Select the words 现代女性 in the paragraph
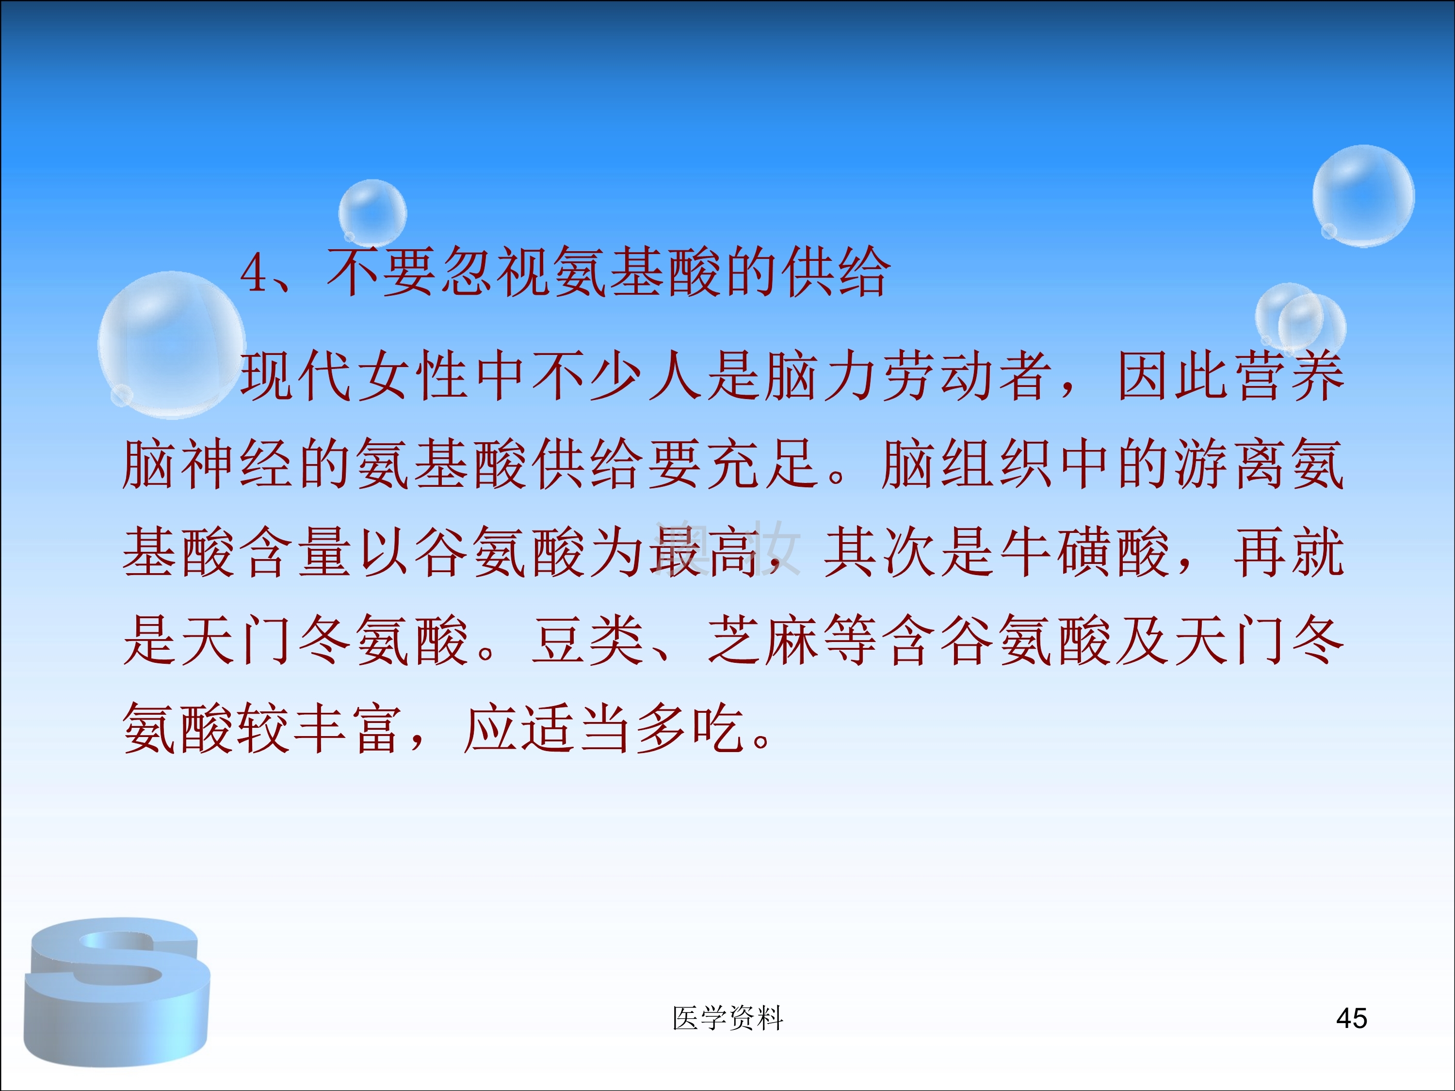(355, 376)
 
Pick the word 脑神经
(209, 465)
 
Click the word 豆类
(588, 641)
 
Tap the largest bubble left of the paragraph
(172, 345)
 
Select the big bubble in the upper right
(1363, 196)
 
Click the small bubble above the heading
(372, 212)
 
